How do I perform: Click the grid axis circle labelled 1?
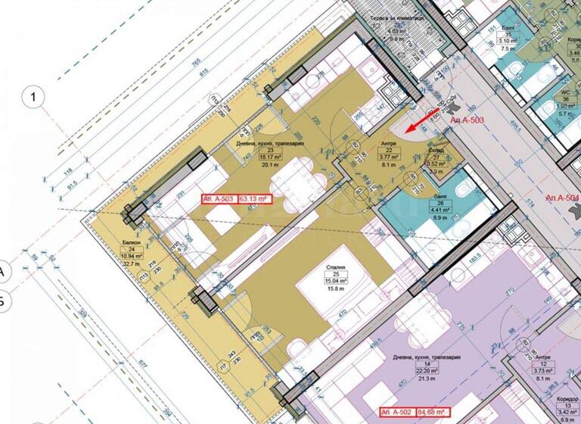34,96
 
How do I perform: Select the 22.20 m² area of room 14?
427,370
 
